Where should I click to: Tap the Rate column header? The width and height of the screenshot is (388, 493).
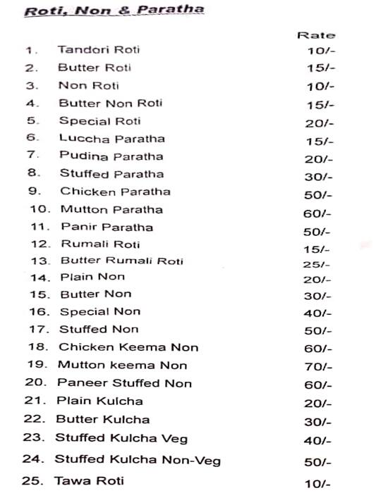coord(315,35)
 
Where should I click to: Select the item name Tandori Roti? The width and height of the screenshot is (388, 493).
coord(99,50)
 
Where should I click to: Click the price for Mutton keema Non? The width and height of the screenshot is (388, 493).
coord(317,366)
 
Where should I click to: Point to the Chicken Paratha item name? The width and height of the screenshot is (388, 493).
coord(115,192)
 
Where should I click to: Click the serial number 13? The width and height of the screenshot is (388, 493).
coord(39,261)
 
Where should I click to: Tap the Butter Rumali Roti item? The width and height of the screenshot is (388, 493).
coord(122,261)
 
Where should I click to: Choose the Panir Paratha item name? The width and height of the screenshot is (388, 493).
coord(107,227)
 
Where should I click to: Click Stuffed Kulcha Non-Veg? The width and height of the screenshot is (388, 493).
coord(138,461)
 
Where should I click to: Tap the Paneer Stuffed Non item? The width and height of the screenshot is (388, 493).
coord(124,383)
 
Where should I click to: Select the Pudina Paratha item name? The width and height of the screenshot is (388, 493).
coord(111,156)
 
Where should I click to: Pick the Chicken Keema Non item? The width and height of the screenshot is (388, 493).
coord(128,347)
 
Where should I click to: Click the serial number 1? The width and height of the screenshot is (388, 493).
coord(30,50)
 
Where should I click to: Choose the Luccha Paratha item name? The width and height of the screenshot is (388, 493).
coord(111,139)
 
